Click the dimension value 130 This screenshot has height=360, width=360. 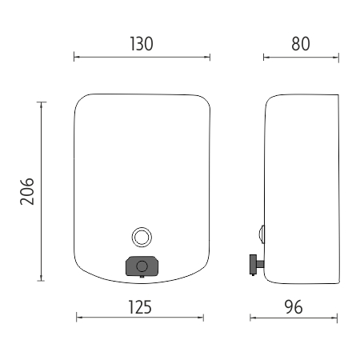click(142, 44)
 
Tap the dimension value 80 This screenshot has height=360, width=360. click(301, 44)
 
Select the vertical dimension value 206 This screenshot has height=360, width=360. click(27, 191)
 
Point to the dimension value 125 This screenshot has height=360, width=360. click(140, 307)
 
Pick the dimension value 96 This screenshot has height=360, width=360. click(294, 307)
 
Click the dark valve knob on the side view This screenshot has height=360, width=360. click(253, 264)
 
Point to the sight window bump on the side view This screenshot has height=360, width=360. click(262, 234)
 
